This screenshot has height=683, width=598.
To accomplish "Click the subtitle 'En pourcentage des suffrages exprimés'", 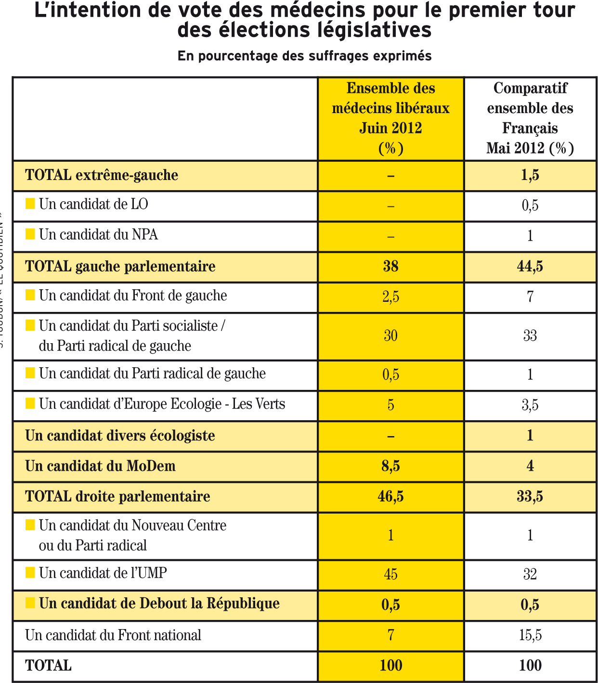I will pyautogui.click(x=304, y=56).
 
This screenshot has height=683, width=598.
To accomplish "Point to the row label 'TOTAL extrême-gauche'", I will pyautogui.click(x=102, y=175).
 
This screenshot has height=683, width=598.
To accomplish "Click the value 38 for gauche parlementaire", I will pyautogui.click(x=390, y=266).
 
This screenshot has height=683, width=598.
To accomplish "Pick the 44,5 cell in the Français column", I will pyautogui.click(x=530, y=266).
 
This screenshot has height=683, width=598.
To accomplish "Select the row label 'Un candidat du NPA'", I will pyautogui.click(x=98, y=235).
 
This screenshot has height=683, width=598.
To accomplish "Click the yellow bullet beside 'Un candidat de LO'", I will pyautogui.click(x=30, y=204).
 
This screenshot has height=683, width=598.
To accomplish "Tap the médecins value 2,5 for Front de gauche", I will pyautogui.click(x=390, y=296).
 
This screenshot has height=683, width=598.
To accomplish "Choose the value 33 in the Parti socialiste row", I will pyautogui.click(x=530, y=335).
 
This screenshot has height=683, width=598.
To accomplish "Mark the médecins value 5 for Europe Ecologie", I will pyautogui.click(x=390, y=405).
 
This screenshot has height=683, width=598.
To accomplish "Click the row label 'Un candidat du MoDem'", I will pyautogui.click(x=100, y=466).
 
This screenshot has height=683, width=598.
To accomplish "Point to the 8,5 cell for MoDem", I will pyautogui.click(x=390, y=466).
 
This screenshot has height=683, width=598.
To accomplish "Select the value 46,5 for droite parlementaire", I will pyautogui.click(x=390, y=496).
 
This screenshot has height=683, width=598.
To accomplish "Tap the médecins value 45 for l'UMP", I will pyautogui.click(x=390, y=574).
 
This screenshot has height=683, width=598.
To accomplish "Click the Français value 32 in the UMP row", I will pyautogui.click(x=530, y=574).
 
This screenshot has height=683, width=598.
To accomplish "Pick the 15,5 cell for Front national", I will pyautogui.click(x=530, y=635).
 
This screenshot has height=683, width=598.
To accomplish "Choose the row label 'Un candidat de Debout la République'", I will pyautogui.click(x=159, y=604).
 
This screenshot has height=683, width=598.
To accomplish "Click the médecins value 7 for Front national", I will pyautogui.click(x=390, y=635).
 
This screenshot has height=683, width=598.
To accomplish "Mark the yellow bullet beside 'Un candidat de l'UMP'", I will pyautogui.click(x=30, y=572).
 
